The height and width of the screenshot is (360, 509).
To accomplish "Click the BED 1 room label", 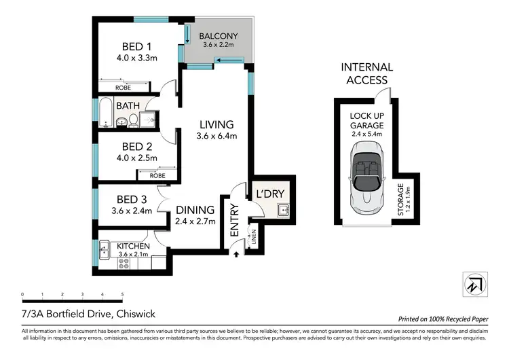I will pos(136,46).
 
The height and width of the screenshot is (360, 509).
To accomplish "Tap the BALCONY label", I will pos(218,34).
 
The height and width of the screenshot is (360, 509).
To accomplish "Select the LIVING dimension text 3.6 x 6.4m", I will pos(216,136).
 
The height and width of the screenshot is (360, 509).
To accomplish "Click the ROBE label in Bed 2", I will pos(157,175).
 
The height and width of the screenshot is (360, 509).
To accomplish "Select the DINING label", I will pos(195,210).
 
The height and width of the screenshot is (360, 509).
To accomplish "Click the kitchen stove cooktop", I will pos(124,264).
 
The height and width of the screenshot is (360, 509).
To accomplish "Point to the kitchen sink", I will pos(104,251).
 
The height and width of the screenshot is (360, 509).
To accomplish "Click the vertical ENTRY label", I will pos(235,220).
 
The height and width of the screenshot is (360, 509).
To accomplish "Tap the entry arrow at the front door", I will pos(235,255).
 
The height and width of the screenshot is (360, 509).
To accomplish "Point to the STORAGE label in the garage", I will pos(401,200).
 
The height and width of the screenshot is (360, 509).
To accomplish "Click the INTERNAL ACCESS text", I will pos(366,73).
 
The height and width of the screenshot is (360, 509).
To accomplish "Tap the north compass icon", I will pos(474,283).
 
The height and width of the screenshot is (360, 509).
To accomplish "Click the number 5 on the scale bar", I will pos(122,295).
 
